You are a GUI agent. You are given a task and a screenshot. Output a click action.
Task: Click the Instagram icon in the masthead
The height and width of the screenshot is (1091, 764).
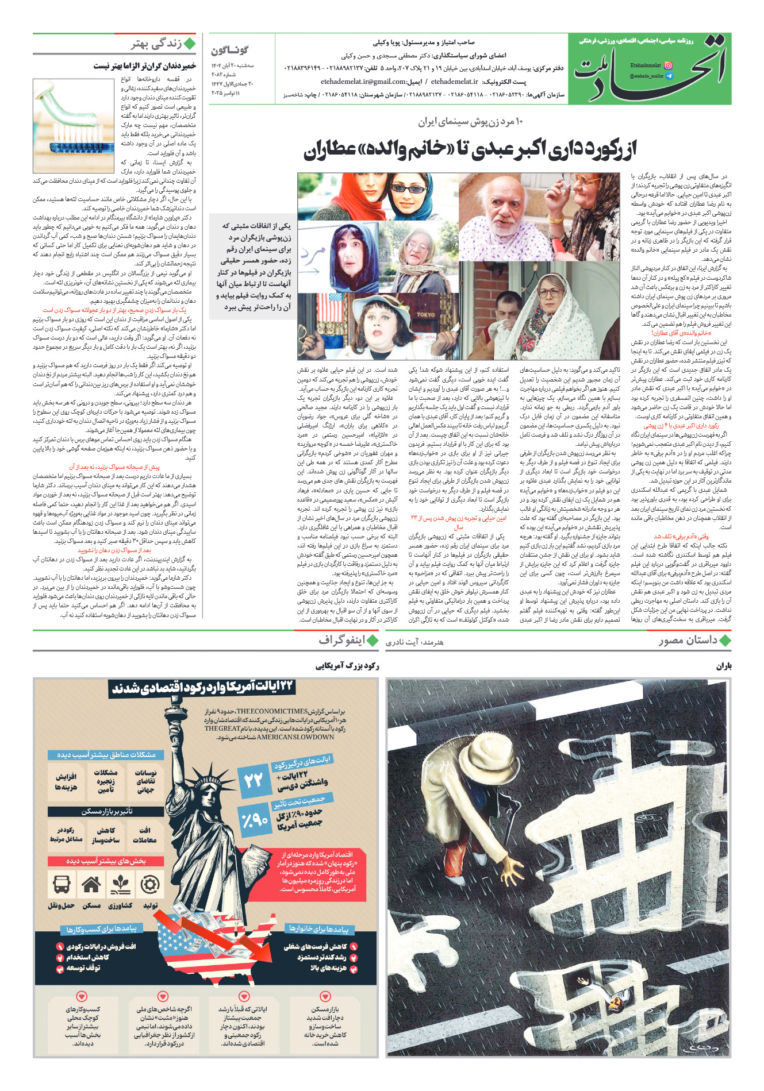[x=667, y=66]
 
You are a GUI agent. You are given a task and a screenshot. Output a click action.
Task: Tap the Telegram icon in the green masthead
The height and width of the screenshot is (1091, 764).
[x=667, y=76]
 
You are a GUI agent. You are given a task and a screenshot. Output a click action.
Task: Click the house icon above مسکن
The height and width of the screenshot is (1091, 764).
[x=91, y=885]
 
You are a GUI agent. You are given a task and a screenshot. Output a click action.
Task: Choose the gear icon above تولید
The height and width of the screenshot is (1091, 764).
[x=150, y=885]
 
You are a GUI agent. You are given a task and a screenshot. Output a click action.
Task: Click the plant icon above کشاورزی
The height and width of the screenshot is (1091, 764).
[x=121, y=885]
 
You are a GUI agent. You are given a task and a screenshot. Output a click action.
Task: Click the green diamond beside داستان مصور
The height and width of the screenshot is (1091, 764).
[x=725, y=641]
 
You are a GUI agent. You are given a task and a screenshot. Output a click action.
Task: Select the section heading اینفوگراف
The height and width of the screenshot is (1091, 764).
[x=341, y=641]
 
